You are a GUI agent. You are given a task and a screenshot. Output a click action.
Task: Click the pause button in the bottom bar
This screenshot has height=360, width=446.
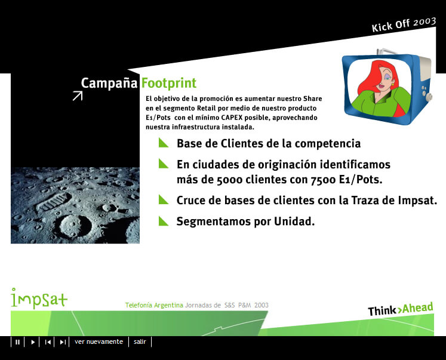coord(18,342)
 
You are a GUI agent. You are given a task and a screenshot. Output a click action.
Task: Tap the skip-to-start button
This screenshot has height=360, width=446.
coord(48,342)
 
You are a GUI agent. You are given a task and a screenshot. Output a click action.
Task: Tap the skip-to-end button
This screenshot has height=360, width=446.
coord(63,342)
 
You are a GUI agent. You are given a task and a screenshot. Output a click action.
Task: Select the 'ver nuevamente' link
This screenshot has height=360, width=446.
coord(99,342)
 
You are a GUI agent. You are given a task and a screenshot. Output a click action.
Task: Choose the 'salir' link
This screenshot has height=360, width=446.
coord(140,342)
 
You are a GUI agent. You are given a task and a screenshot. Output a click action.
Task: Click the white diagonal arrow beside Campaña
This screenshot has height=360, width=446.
coord(77,96)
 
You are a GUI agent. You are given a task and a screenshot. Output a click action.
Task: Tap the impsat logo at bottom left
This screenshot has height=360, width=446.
coord(39,297)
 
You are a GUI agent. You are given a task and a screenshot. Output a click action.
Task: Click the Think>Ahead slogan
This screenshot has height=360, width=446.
coord(400,309)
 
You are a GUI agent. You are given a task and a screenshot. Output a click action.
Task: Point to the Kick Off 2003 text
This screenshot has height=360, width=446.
coord(404,24)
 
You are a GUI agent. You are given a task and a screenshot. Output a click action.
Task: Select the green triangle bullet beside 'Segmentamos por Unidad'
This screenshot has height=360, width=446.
coord(164,221)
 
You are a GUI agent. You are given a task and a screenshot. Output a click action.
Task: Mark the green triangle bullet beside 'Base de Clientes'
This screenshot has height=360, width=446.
coord(164,143)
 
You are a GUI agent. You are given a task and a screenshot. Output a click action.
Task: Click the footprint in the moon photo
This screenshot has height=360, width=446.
coord(53,202)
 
